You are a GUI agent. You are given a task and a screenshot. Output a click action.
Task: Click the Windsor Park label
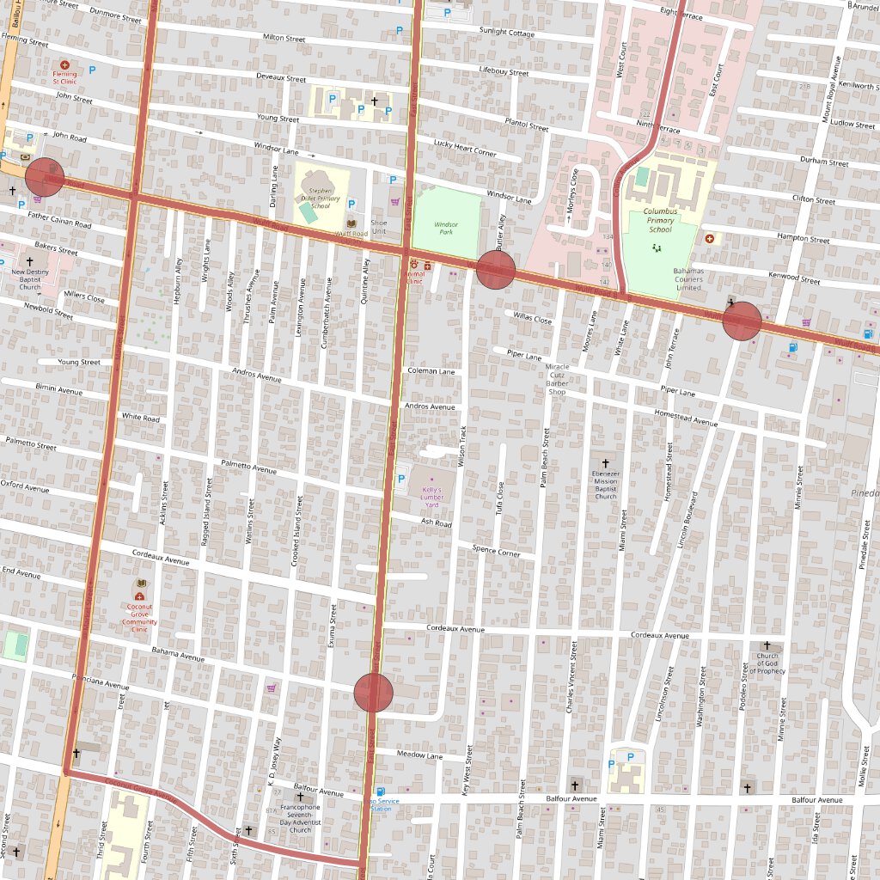click(x=446, y=227)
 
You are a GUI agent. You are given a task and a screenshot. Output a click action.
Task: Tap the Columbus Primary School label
click(x=660, y=220)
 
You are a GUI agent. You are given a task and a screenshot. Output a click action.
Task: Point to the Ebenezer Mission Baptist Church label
click(x=606, y=485)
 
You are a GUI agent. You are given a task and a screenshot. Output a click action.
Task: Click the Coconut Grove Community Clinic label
click(x=139, y=615)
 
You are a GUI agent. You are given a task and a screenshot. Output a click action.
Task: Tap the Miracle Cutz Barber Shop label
click(x=557, y=379)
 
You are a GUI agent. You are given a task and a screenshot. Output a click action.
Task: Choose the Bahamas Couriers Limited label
click(x=688, y=278)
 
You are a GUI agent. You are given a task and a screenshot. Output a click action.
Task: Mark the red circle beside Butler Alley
click(x=496, y=270)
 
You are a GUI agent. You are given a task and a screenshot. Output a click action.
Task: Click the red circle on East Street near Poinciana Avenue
click(x=374, y=693)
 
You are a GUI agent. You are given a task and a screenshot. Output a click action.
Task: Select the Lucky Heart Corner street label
click(x=465, y=148)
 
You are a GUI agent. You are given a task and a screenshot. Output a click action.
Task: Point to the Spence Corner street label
click(x=496, y=550)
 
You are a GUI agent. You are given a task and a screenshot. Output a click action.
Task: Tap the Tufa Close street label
click(x=500, y=495)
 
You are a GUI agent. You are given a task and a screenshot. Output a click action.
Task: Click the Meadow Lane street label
click(x=419, y=755)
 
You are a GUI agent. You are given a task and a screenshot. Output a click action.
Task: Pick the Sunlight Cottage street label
click(x=506, y=33)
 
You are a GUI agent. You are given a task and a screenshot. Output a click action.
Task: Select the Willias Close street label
click(x=532, y=318)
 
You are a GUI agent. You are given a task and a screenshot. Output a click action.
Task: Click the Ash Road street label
click(x=437, y=522)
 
